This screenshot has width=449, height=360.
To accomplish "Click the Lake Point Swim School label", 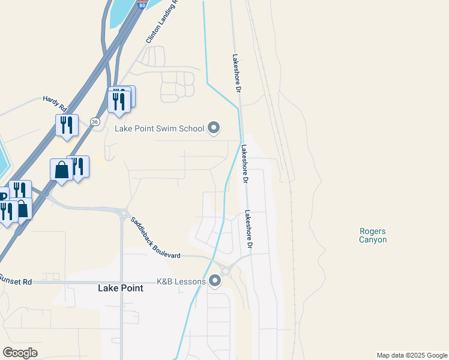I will (x=159, y=128).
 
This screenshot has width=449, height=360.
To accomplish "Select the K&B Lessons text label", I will (x=181, y=281).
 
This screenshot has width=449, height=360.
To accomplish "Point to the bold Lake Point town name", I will (x=121, y=288).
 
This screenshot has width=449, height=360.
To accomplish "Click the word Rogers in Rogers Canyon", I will (x=373, y=231).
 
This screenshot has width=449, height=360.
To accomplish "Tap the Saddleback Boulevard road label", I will (x=155, y=238).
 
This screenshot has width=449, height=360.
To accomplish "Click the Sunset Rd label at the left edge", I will (x=16, y=280).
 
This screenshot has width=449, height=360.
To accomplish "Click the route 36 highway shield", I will (x=95, y=121).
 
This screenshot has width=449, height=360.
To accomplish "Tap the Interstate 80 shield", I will (x=141, y=4).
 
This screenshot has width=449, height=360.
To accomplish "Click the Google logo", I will (x=20, y=353).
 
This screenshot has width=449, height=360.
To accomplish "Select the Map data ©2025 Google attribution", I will (x=412, y=355).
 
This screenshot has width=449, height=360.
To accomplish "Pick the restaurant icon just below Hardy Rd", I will (x=67, y=125).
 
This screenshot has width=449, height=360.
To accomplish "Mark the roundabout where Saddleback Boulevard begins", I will (x=124, y=213).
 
